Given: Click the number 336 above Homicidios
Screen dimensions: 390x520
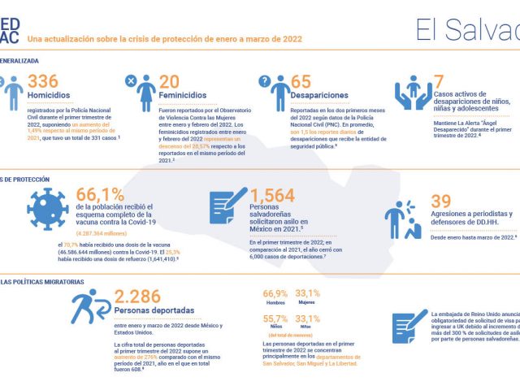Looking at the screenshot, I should click(x=43, y=82).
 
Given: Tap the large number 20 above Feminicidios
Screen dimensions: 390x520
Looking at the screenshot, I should click(x=169, y=82).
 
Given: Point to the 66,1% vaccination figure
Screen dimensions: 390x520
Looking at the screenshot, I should click(x=100, y=194).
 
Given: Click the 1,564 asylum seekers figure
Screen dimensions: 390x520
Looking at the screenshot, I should click(x=272, y=195).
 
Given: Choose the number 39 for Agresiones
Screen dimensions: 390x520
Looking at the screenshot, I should click(x=440, y=201).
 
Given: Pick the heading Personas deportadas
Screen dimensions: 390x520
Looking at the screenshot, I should click(x=156, y=311).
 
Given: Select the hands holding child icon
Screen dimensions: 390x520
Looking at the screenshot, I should click(x=412, y=93).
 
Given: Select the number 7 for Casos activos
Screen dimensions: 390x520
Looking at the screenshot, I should click(x=439, y=82).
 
